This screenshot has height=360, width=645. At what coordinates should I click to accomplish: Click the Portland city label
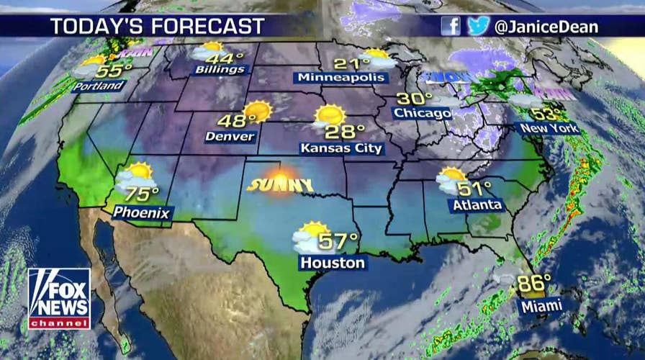[x=99, y=86]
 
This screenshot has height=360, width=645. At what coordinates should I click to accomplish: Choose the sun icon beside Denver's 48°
[x=256, y=112]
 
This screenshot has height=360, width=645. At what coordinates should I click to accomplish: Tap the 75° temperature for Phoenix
[x=140, y=194]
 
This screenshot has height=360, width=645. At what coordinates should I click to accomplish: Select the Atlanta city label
[x=476, y=206]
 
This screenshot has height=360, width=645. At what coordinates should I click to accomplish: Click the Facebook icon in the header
[x=450, y=26]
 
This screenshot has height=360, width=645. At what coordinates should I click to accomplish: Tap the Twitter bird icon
[x=477, y=26]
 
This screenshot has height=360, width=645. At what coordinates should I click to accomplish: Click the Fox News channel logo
[x=59, y=299]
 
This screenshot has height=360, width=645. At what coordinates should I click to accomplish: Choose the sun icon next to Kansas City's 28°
[x=329, y=115]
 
